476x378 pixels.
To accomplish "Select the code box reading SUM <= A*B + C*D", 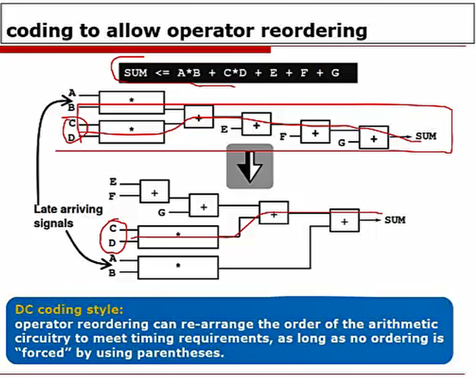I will [x=231, y=74].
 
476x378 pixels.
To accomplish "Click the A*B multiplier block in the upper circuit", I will [x=131, y=102].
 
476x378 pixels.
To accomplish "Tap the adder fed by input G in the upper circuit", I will [x=373, y=137].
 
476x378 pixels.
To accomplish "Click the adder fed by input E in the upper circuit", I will [x=256, y=125].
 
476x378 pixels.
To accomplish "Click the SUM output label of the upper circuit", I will [x=425, y=137].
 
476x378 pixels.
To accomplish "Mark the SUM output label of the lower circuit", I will [x=394, y=220].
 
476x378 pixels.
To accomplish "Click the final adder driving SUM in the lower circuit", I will [x=345, y=222].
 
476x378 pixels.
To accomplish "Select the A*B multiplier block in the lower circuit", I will [x=178, y=265].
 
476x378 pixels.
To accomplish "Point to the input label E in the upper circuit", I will [x=224, y=129].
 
